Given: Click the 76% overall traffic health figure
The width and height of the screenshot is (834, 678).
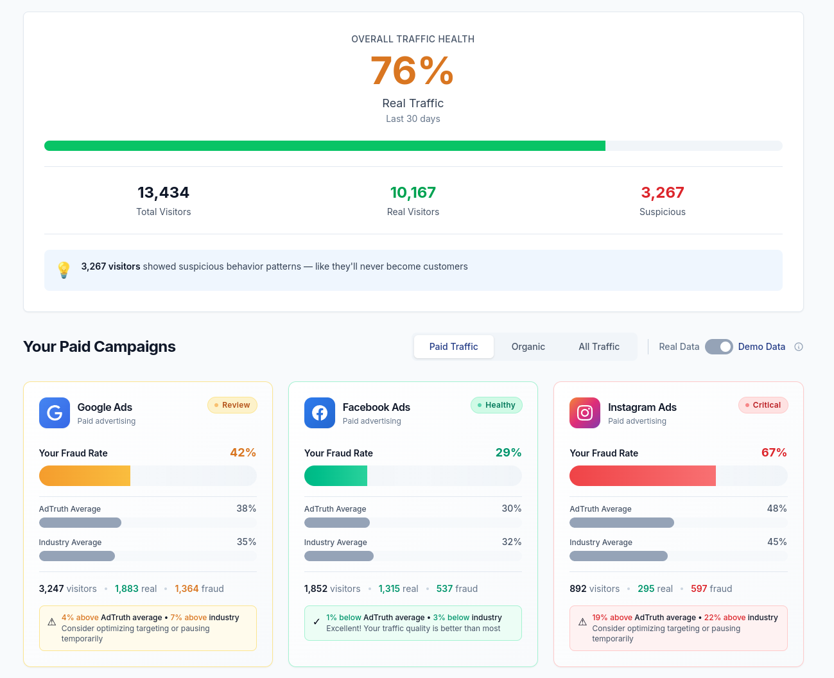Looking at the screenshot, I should pos(412,71).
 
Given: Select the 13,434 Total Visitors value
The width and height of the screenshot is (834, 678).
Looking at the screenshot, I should pos(163,193).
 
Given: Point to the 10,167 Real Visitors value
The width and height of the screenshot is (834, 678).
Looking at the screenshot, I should pos(413,193).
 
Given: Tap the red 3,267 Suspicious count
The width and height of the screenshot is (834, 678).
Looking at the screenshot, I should pos(662,193).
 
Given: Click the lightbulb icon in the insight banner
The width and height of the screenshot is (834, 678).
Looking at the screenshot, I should pos(64,270).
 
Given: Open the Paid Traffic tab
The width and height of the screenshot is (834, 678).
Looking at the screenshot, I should pos(453,347).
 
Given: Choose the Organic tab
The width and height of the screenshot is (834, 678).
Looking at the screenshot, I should pos(528,347).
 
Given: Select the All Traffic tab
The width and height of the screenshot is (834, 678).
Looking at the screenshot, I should pos(598,347).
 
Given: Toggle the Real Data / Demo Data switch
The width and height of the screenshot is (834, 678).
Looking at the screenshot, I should pos(718,347).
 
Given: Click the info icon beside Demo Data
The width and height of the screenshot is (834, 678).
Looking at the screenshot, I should pos(799,347).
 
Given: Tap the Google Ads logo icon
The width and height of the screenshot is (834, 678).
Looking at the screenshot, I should pos(55,413).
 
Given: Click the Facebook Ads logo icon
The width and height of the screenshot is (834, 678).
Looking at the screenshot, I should pos(320,413).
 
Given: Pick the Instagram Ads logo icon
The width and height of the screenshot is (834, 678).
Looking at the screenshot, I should pos(585,413).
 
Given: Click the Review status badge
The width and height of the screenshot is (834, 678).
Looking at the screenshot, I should pos(232,405).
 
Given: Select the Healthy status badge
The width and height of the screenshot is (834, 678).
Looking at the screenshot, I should pos(496,405).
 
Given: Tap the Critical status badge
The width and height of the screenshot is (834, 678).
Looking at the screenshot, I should pos(763,405).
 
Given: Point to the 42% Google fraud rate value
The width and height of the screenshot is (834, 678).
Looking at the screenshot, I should pos(243,453).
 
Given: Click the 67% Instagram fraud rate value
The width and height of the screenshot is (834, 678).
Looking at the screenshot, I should pos(774,453).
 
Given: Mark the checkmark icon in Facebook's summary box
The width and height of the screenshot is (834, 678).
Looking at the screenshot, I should pos(316,622).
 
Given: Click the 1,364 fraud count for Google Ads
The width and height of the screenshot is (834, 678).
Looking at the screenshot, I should pos(187,589).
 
